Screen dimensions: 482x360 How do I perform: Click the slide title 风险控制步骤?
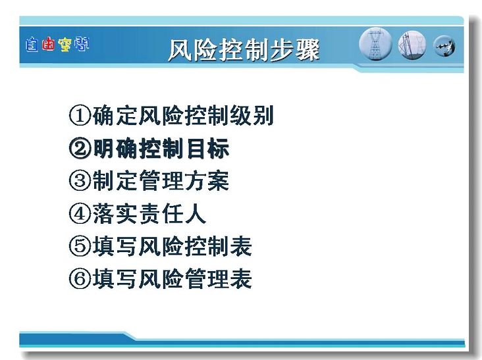[244, 50]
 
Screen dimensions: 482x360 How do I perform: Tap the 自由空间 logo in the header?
[57, 44]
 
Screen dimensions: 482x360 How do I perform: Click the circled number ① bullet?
[80, 116]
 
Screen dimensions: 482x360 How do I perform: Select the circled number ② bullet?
[80, 148]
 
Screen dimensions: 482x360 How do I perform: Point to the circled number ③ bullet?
[80, 181]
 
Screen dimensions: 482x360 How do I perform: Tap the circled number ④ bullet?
[80, 214]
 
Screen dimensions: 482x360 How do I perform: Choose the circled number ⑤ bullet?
[80, 246]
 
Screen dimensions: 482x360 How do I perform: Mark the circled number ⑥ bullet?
[80, 279]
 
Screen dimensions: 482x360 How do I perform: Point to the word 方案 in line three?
[206, 181]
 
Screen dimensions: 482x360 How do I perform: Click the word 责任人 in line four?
[172, 214]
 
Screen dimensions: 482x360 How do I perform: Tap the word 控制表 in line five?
[218, 246]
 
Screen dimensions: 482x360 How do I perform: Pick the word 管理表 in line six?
[218, 279]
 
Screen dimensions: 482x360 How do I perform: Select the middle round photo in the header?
[412, 45]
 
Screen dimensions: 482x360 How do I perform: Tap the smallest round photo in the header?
[444, 46]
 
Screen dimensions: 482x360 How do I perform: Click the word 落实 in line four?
[115, 214]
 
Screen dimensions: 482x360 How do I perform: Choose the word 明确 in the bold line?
[115, 148]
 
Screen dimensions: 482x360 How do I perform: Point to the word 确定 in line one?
[115, 116]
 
